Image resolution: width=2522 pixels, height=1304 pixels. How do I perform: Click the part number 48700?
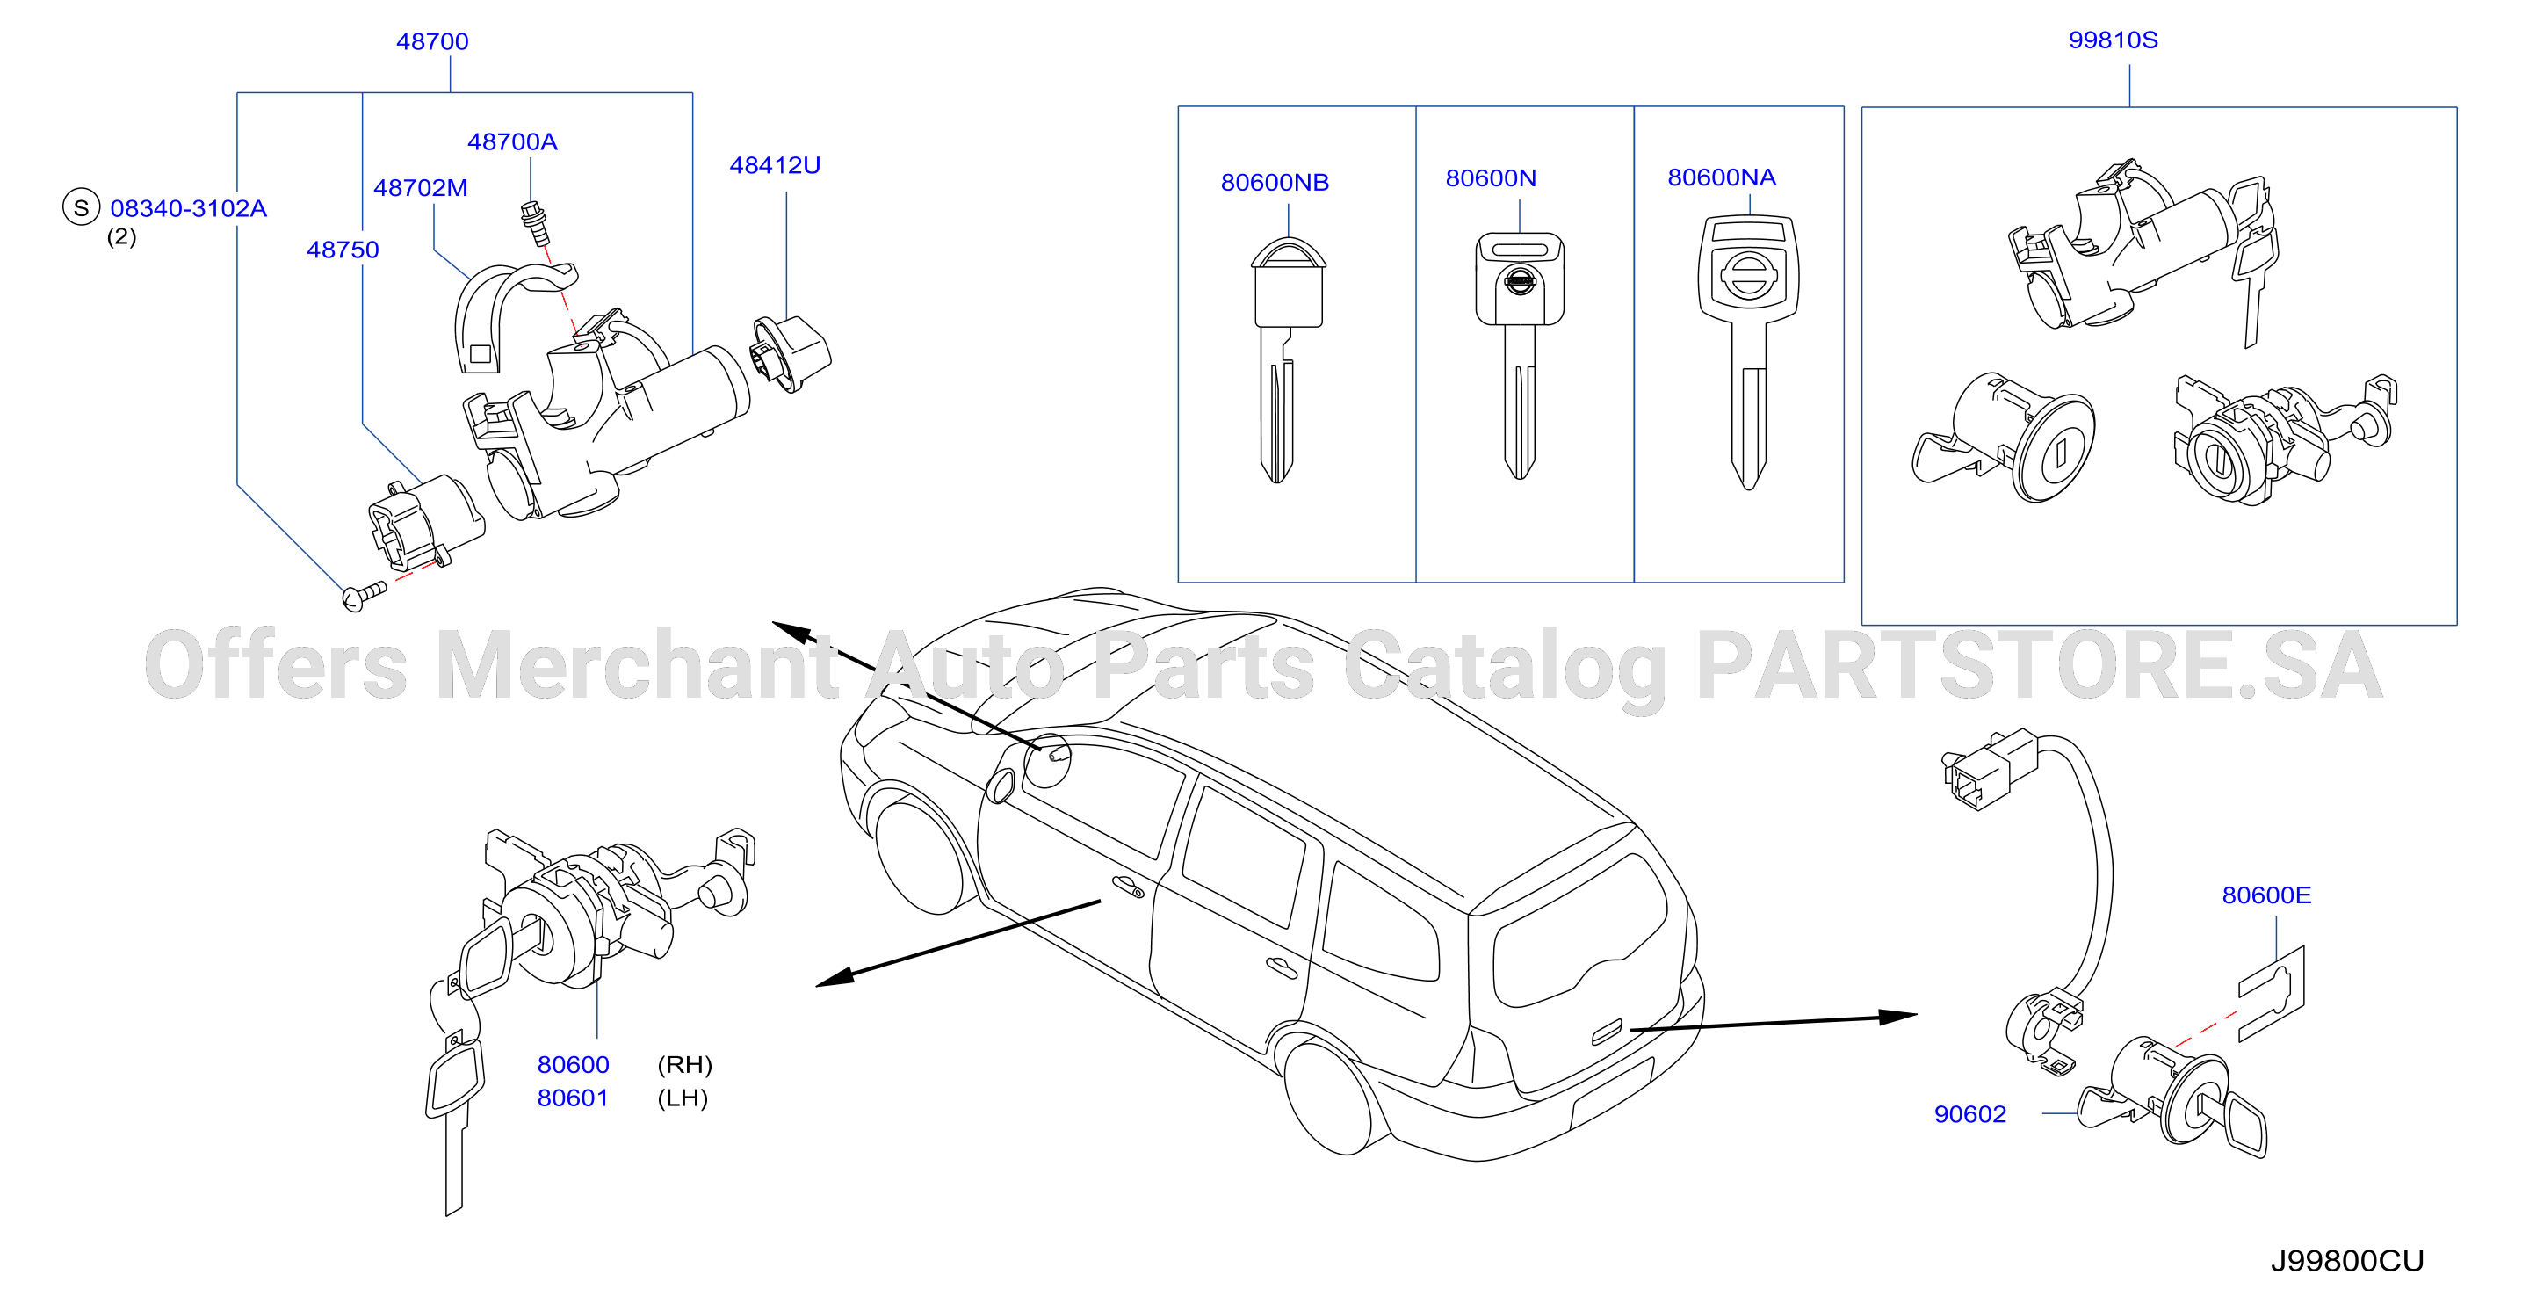pyautogui.click(x=432, y=42)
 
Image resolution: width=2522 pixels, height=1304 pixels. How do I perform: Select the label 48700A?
pyautogui.click(x=512, y=142)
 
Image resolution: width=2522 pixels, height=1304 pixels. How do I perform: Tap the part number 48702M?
pyautogui.click(x=420, y=188)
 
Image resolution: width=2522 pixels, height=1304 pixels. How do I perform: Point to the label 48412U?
pyautogui.click(x=775, y=165)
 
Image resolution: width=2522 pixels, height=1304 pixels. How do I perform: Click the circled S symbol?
pyautogui.click(x=82, y=207)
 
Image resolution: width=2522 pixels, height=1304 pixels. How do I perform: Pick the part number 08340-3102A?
pyautogui.click(x=188, y=208)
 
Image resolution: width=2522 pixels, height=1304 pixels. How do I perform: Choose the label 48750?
pyautogui.click(x=343, y=250)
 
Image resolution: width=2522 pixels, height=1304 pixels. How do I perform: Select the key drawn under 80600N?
pyautogui.click(x=1520, y=354)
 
